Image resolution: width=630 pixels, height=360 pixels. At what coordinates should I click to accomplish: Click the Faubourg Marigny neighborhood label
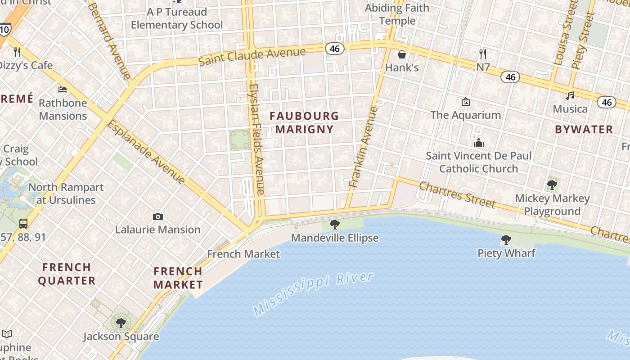(x=304, y=122)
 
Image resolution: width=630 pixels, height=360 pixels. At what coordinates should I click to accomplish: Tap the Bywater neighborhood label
(x=584, y=130)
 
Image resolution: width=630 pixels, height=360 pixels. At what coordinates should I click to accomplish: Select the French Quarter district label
(x=67, y=274)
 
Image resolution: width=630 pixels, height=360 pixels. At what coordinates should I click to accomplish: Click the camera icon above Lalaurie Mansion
(x=157, y=216)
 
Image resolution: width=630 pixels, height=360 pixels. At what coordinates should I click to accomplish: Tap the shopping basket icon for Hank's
(x=401, y=54)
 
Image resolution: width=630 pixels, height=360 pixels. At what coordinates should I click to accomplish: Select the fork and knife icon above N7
(x=483, y=54)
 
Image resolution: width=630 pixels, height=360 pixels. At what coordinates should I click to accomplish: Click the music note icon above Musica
(x=570, y=96)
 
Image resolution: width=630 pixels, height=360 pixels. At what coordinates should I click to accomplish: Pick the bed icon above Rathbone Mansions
(x=63, y=90)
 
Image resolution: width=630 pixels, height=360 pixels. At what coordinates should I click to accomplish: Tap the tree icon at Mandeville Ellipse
(x=334, y=224)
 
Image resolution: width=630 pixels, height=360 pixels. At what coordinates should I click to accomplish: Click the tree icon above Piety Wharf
(x=506, y=240)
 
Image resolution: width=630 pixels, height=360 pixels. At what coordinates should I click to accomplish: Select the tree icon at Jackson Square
(x=121, y=323)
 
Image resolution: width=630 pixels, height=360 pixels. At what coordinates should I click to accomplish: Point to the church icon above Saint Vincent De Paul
(x=478, y=143)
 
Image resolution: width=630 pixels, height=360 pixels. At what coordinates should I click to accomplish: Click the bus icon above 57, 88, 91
(x=23, y=223)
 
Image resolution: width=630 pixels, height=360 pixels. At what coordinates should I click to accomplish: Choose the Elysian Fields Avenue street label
(x=256, y=139)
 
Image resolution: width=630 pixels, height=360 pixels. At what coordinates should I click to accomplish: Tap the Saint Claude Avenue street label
(x=252, y=56)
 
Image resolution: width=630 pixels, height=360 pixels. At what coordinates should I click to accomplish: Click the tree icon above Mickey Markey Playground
(x=552, y=184)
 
